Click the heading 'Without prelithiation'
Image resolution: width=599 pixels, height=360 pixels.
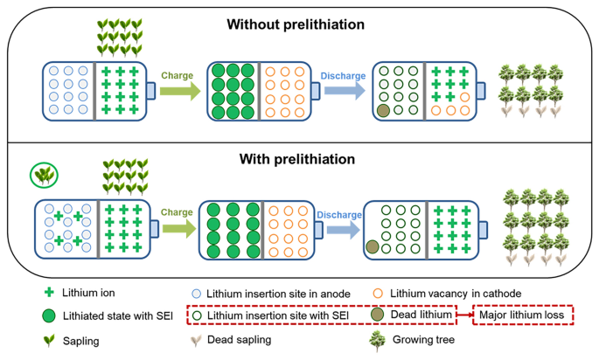(295, 24)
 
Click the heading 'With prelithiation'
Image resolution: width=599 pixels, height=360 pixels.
(295, 159)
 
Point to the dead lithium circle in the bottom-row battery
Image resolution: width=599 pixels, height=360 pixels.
(373, 247)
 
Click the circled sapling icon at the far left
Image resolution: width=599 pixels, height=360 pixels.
(40, 176)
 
